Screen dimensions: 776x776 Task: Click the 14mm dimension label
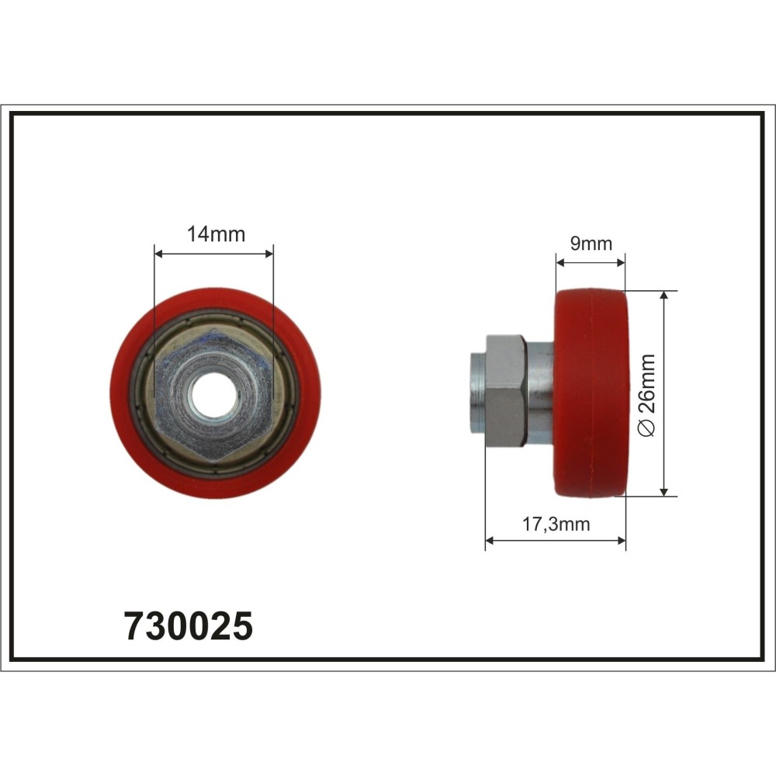216,234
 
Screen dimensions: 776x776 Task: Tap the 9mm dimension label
591,244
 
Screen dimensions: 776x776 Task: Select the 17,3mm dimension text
556,524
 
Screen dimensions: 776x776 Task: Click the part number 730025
188,626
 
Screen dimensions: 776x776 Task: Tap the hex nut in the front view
214,396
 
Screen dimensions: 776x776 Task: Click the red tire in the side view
591,393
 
